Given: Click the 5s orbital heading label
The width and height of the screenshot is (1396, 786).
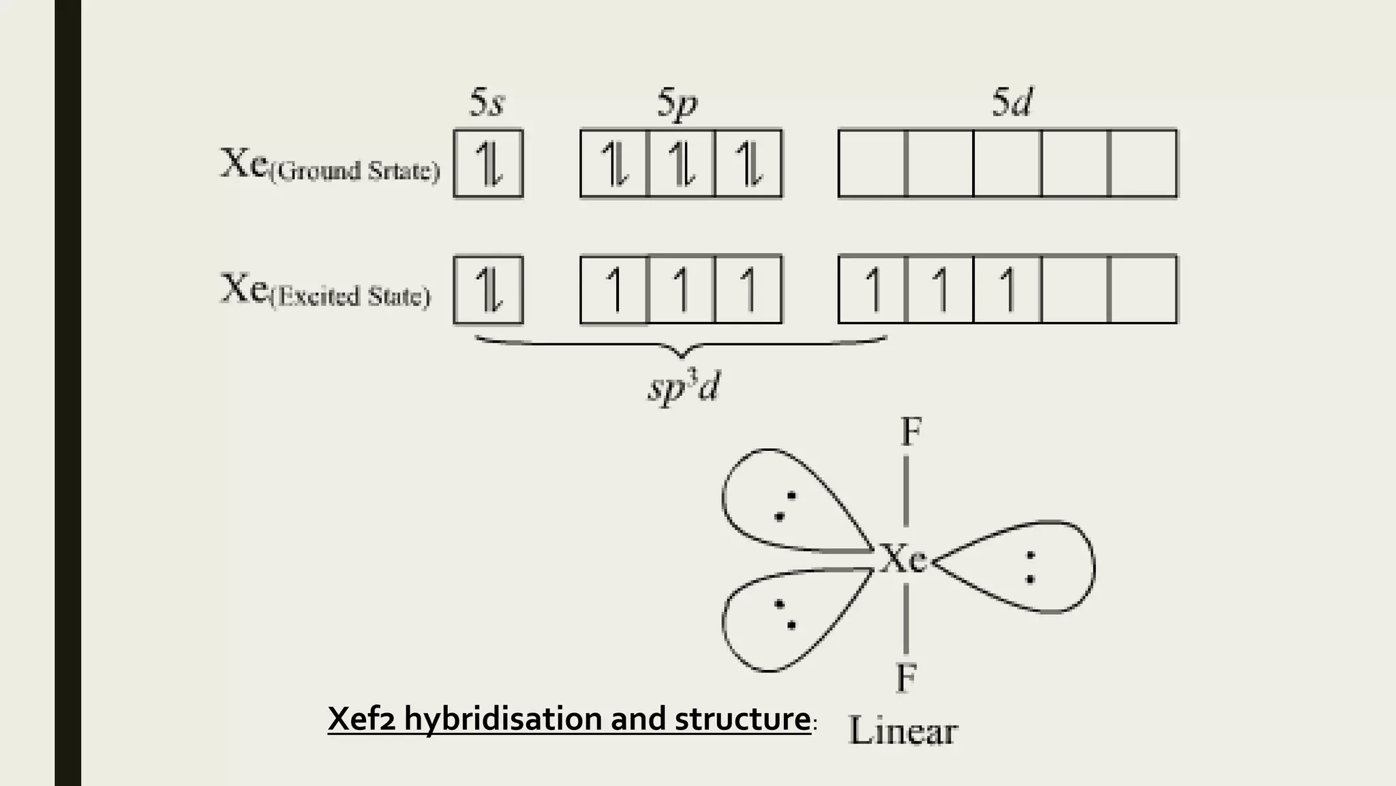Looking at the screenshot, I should tap(487, 104).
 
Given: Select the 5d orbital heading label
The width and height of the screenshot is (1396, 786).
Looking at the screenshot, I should tap(1012, 103).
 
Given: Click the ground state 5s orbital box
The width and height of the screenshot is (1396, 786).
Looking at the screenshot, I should tap(488, 164).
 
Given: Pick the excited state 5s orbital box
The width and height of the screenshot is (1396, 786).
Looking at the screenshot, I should tap(488, 289).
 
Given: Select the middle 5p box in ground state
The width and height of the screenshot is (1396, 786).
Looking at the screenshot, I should tap(681, 164).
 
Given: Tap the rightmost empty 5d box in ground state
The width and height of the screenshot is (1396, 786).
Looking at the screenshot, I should tap(1143, 164).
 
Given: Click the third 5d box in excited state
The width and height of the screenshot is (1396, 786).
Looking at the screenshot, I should tap(1007, 289).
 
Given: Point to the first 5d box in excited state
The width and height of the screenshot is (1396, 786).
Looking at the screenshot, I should tap(872, 289).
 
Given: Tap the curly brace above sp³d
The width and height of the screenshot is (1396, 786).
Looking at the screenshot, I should tap(681, 345).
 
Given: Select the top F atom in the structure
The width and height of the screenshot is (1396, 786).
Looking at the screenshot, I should tap(911, 431).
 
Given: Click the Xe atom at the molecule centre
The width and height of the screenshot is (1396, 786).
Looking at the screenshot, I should tap(904, 559).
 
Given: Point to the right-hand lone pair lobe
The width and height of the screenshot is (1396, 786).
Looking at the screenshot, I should tap(1022, 566).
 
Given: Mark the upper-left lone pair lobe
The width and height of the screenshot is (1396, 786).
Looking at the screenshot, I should tap(784, 501).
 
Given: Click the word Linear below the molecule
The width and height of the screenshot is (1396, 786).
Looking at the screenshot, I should tap(903, 731).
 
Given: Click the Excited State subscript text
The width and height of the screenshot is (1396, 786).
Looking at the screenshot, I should tap(350, 297).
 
